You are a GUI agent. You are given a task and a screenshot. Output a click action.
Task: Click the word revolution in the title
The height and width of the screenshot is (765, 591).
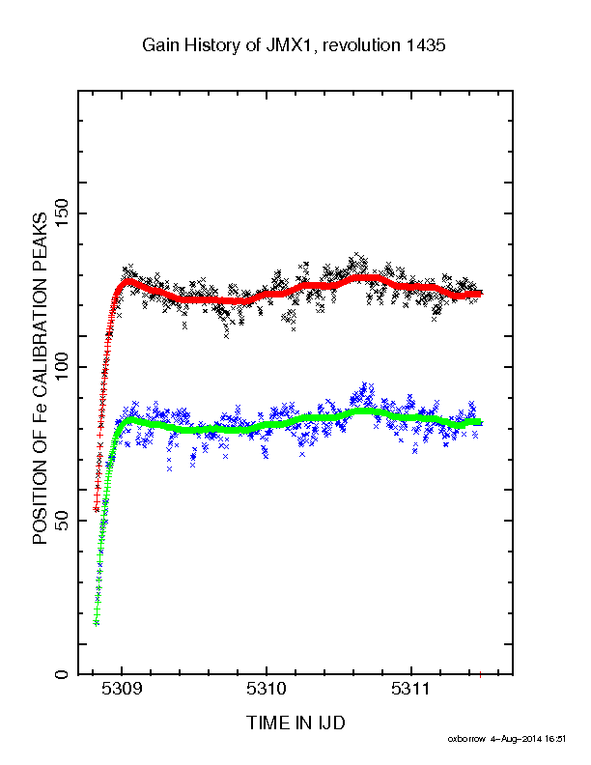click(361, 44)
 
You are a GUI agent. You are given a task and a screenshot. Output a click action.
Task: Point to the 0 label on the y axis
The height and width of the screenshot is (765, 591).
click(62, 674)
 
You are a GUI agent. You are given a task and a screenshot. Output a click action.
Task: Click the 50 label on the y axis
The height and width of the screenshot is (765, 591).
click(62, 521)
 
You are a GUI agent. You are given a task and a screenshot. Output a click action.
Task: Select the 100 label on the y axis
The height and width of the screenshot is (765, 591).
click(62, 367)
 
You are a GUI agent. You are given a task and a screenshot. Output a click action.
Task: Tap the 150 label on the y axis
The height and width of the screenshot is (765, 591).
click(62, 213)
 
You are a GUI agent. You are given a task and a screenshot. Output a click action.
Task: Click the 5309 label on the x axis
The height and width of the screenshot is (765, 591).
click(122, 689)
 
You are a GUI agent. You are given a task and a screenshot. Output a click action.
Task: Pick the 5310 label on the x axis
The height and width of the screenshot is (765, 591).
click(267, 689)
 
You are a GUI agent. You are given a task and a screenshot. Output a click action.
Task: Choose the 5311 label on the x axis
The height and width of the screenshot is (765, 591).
click(411, 689)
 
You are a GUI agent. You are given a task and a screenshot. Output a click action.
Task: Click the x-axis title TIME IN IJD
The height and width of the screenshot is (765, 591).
click(295, 722)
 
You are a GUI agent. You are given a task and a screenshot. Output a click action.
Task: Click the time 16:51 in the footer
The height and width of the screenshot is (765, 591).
click(555, 739)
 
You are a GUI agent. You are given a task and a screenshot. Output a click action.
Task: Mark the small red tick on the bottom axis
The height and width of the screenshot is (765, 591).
click(480, 675)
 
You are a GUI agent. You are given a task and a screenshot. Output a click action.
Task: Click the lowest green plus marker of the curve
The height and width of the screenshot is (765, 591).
click(96, 623)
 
